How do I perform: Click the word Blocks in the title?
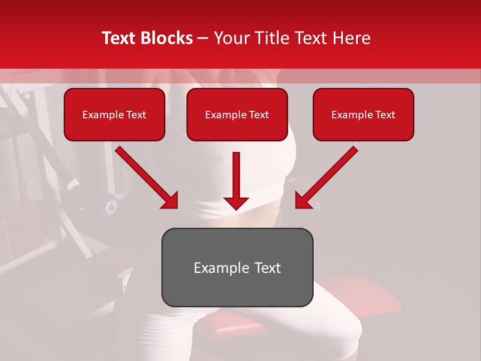166,38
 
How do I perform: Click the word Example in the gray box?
214,268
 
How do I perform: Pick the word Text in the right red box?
385,115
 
